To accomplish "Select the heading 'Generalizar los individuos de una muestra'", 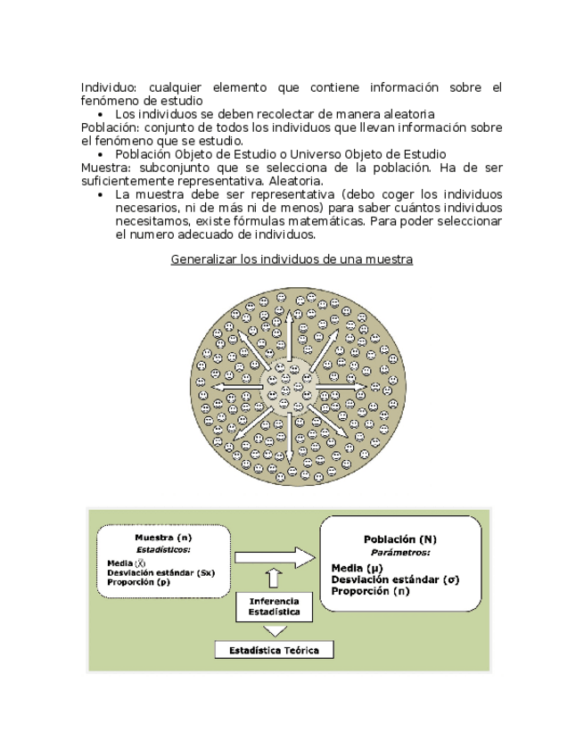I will tap(292, 259).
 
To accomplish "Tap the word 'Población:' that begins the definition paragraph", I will tap(110, 127).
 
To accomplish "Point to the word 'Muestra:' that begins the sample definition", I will tap(105, 168).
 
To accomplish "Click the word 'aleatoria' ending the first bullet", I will tap(408, 114).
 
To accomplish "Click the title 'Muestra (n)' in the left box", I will tap(163, 538).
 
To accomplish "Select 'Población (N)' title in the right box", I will tap(400, 539).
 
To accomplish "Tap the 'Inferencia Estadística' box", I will tap(275, 607).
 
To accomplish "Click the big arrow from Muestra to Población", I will tap(275, 558).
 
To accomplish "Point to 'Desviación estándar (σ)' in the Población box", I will tap(394, 579).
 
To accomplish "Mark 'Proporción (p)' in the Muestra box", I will tap(138, 582).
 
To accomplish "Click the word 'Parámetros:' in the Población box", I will tap(400, 553).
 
